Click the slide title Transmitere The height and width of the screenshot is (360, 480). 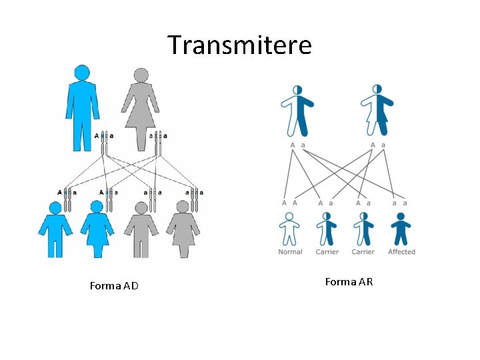239,45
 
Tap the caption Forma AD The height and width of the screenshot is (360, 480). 114,286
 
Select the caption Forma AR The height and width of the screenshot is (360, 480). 349,282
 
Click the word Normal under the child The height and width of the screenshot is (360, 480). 290,252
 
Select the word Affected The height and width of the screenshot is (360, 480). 401,252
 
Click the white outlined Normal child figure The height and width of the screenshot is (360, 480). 289,230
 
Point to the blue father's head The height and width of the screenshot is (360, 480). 82,73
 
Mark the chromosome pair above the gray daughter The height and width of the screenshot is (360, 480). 195,199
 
